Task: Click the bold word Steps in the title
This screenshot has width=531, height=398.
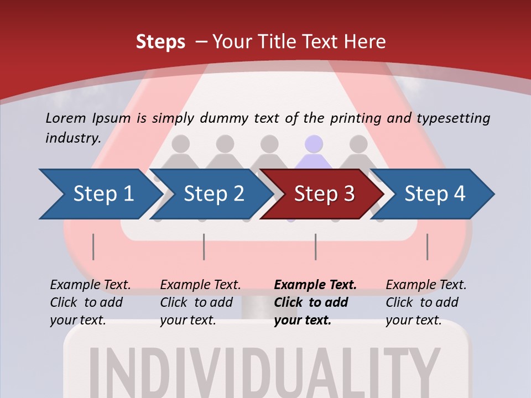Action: click(160, 42)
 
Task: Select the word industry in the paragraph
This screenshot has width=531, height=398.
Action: click(72, 138)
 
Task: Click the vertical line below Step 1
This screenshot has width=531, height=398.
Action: click(93, 247)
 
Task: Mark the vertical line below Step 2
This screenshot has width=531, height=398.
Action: click(204, 247)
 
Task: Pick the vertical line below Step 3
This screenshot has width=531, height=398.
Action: click(315, 247)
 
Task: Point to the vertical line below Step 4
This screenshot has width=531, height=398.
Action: click(427, 247)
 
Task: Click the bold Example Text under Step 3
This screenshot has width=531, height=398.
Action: click(315, 285)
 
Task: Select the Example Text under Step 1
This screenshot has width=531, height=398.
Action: click(90, 285)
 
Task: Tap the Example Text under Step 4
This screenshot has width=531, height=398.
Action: click(426, 285)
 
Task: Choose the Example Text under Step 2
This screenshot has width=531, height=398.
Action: click(200, 285)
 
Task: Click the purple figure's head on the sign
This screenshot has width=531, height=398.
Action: click(314, 144)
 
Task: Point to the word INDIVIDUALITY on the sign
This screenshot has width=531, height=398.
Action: click(265, 370)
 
